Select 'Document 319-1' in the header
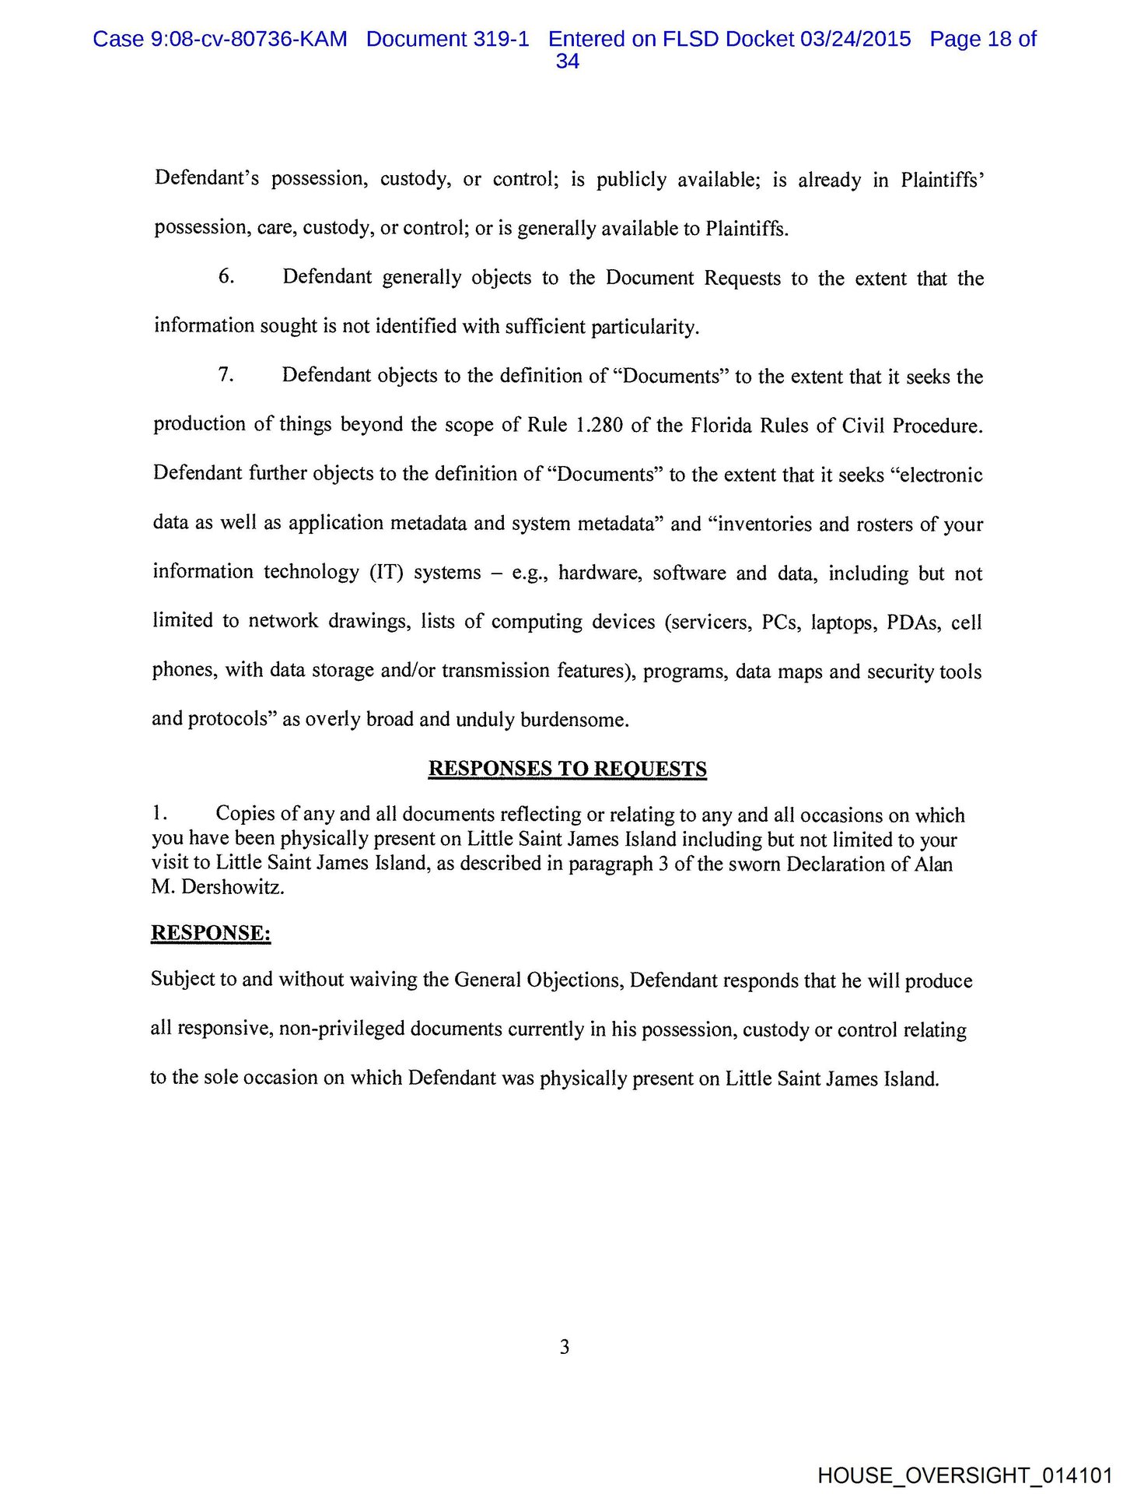click(447, 39)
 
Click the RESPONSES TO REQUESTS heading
click(567, 769)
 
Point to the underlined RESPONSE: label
click(211, 933)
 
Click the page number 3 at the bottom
click(565, 1347)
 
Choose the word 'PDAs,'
click(913, 622)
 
